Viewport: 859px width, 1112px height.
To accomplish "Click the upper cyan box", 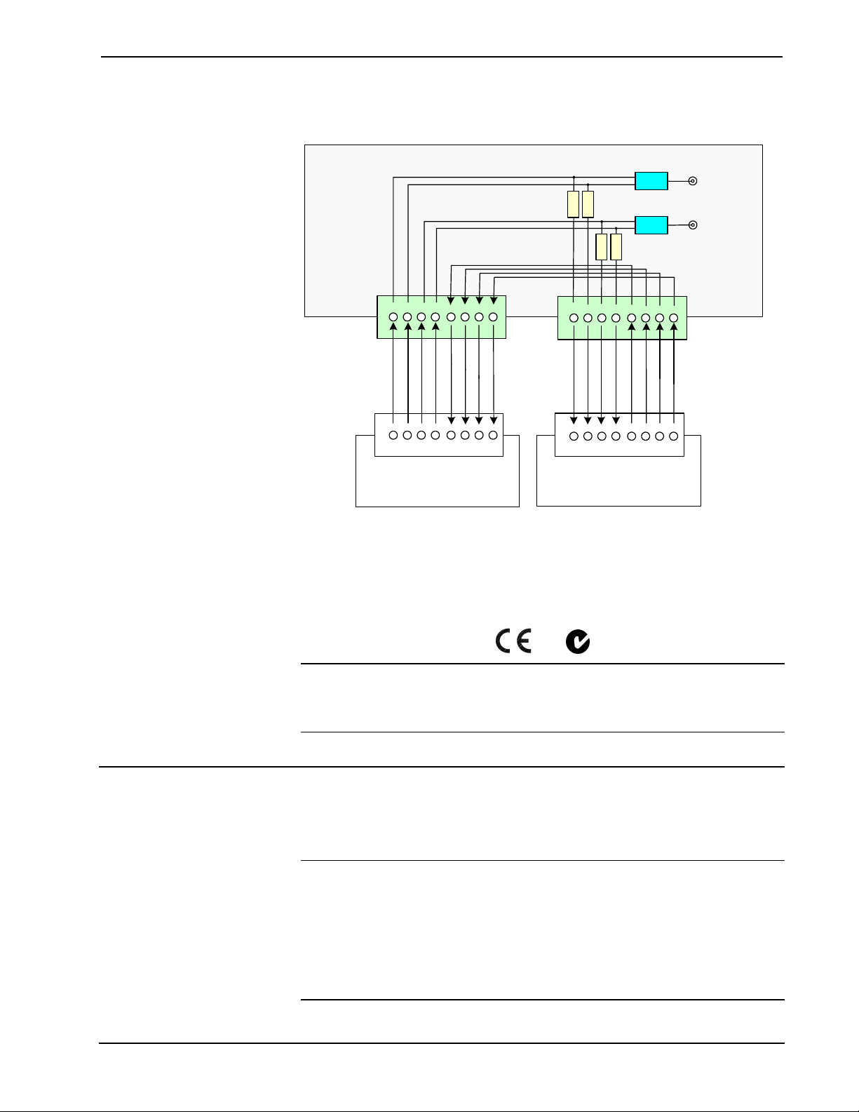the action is [651, 181].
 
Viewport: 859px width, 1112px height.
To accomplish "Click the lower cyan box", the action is [651, 225].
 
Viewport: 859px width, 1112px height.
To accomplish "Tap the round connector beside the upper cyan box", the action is [693, 181].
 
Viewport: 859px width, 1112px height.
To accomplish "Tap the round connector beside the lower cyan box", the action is [693, 225].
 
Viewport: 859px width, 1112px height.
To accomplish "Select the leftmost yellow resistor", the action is [573, 204].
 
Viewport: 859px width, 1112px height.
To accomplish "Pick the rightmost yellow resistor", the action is [616, 247].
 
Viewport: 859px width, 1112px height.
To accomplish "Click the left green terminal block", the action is [441, 317].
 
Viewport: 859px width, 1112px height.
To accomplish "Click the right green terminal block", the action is [622, 318].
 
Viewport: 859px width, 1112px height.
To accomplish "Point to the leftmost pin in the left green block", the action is [393, 317].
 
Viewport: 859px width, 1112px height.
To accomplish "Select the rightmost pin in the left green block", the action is [493, 317].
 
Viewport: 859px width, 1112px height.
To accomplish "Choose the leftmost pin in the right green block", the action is [574, 319].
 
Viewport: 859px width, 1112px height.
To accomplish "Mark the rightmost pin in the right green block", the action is [673, 319].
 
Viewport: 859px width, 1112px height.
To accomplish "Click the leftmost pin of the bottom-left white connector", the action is [393, 436].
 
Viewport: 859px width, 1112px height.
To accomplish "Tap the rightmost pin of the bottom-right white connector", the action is [673, 436].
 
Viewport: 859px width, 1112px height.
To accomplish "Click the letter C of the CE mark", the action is [503, 641].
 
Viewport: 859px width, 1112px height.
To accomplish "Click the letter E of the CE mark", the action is [524, 641].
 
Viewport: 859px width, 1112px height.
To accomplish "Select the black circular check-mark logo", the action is [578, 642].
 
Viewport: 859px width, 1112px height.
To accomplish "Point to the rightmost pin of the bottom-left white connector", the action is [493, 436].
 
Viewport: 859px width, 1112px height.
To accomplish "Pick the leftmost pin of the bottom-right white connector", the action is [574, 436].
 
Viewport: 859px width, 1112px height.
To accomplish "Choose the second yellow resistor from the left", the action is [588, 204].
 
